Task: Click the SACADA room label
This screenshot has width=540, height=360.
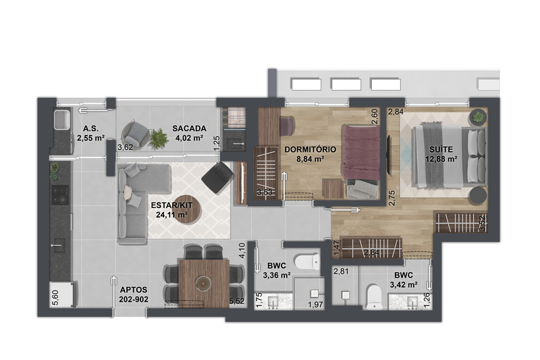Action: point(189,128)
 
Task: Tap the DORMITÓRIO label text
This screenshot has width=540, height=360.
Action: point(310,149)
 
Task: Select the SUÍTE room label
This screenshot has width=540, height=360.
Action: point(441,149)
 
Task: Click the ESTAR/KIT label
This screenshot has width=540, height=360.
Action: point(171,205)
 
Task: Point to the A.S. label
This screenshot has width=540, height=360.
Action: point(90,129)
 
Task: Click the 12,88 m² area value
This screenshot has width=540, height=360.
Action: point(441,159)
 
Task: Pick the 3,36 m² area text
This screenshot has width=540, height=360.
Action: point(277,276)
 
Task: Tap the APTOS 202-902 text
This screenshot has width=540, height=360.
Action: point(134,294)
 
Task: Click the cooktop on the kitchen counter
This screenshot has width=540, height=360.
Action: point(60,195)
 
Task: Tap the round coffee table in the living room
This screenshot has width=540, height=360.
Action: point(186,210)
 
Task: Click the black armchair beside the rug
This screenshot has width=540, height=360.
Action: point(217,177)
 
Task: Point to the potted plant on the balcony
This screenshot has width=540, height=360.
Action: point(159,138)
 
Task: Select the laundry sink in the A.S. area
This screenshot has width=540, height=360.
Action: point(62,120)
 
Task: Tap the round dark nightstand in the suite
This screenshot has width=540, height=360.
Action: point(478,195)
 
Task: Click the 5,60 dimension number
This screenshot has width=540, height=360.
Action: point(55,298)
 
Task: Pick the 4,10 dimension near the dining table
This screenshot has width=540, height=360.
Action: point(242,251)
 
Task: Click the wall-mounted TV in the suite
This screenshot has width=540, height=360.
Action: point(389,155)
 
